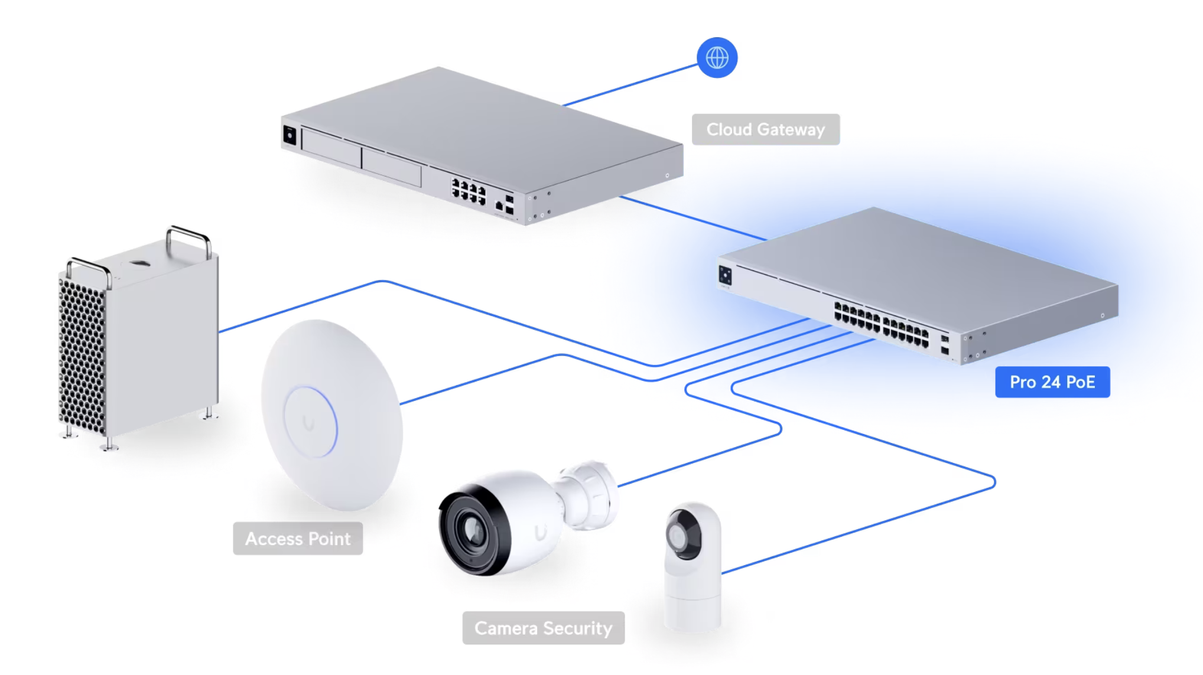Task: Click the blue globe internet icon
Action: click(717, 58)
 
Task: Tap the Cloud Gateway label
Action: click(766, 129)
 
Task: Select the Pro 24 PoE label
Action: click(1052, 382)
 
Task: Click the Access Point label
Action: click(298, 539)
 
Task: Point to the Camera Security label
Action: click(543, 628)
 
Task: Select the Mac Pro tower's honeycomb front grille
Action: click(82, 358)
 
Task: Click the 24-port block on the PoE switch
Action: click(880, 324)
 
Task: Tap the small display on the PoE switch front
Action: click(725, 276)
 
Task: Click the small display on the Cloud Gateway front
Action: click(290, 135)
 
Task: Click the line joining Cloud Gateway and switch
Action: click(693, 218)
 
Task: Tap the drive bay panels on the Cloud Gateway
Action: click(361, 158)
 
